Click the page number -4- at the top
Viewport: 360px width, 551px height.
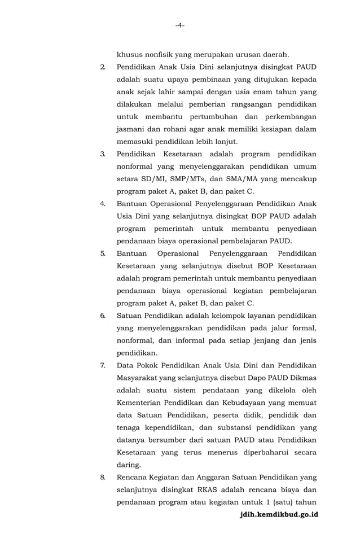179,25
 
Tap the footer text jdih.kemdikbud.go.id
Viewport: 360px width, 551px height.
279,515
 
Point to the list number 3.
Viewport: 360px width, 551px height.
103,154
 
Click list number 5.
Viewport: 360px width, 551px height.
103,253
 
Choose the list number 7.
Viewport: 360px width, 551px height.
103,365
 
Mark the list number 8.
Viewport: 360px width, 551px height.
103,477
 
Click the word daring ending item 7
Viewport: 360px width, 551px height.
128,465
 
